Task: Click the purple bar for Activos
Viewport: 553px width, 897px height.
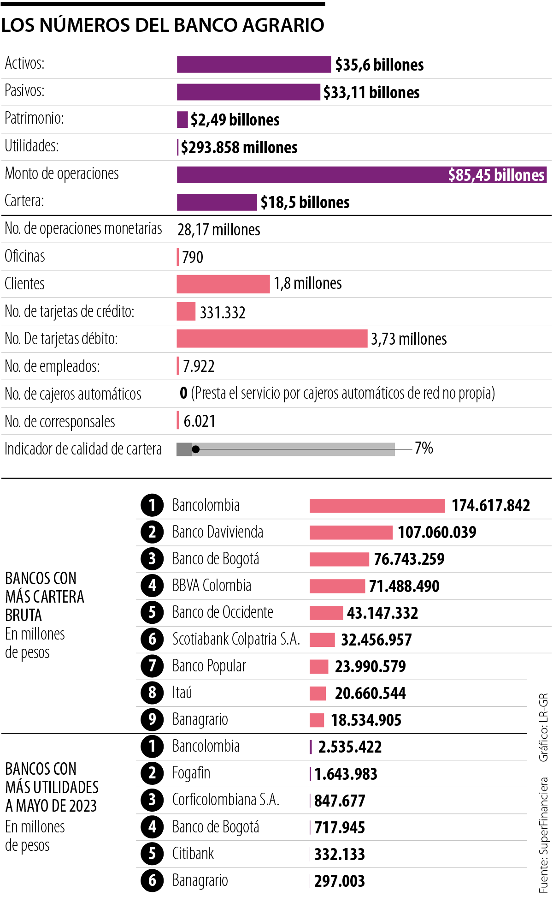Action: pos(253,65)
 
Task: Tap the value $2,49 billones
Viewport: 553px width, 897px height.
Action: pos(235,120)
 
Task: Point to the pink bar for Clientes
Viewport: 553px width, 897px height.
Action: pos(223,284)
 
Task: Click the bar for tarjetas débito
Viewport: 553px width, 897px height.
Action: pos(272,339)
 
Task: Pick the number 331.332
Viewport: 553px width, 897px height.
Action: pos(223,312)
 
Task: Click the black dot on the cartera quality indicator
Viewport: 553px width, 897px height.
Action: pos(196,449)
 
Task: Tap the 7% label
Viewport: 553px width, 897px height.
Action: pos(424,448)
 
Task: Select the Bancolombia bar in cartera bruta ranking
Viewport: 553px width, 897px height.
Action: pos(377,506)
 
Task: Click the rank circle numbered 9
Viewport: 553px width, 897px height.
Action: pos(152,719)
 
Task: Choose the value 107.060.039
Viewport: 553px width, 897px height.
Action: pos(437,532)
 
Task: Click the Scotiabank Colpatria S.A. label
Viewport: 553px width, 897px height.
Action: pos(236,639)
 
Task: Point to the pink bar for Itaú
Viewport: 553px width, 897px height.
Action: pos(318,693)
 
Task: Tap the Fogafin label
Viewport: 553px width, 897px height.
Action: pos(191,773)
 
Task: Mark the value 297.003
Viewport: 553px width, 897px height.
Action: pos(340,881)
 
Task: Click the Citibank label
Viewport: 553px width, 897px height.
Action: pos(193,854)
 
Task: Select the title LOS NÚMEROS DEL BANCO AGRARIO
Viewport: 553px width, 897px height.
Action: pos(163,25)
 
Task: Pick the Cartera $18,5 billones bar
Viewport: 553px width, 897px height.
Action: pos(217,202)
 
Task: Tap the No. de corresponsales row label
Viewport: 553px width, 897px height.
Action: pos(60,421)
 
